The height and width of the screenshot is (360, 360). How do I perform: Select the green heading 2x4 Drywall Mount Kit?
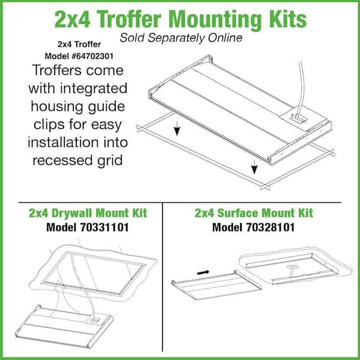click(x=88, y=213)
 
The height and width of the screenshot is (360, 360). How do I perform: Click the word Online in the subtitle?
click(x=225, y=38)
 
